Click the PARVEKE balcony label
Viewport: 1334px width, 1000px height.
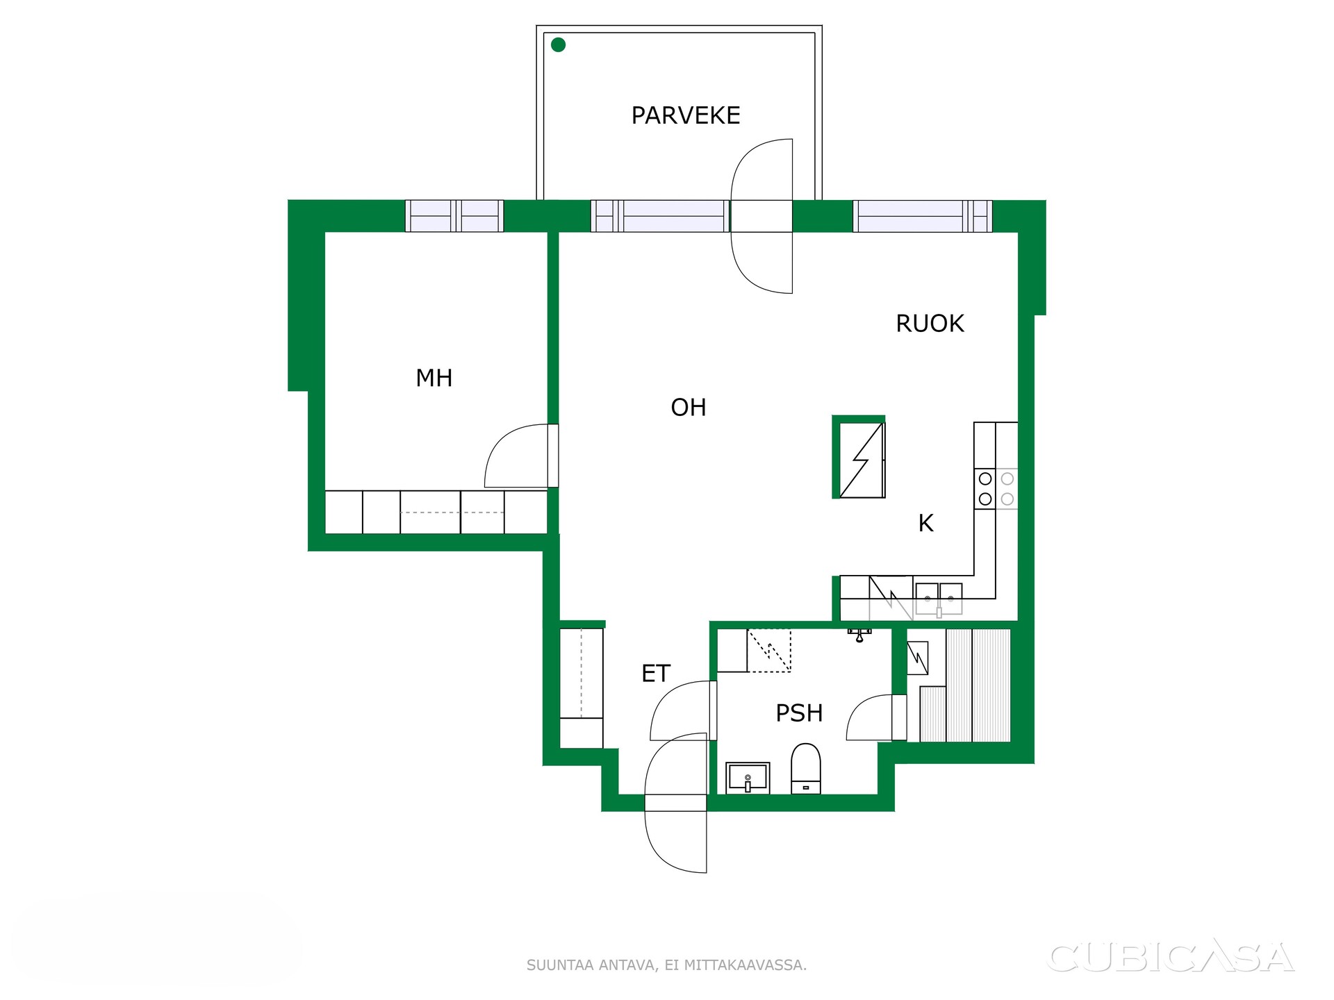pos(686,115)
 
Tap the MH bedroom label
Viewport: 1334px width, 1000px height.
pos(434,378)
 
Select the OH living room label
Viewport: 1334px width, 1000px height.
pos(689,408)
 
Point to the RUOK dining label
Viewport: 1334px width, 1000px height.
pos(930,324)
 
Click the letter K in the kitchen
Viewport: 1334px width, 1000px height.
pos(926,523)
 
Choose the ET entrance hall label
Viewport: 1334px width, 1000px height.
pos(656,674)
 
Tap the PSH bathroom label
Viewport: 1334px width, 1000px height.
pos(799,713)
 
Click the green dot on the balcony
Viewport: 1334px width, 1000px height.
pos(558,45)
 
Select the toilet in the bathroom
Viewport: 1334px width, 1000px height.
pos(806,769)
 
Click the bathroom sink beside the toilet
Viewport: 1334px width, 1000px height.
pos(748,778)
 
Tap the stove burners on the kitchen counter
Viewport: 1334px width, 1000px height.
pos(996,489)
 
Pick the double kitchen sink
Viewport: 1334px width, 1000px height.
pos(939,599)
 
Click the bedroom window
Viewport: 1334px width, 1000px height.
pos(454,216)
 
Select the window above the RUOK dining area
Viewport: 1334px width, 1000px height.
pos(923,216)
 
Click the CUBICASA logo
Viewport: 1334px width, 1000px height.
pos(1171,958)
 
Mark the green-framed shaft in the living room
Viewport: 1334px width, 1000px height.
pos(859,457)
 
